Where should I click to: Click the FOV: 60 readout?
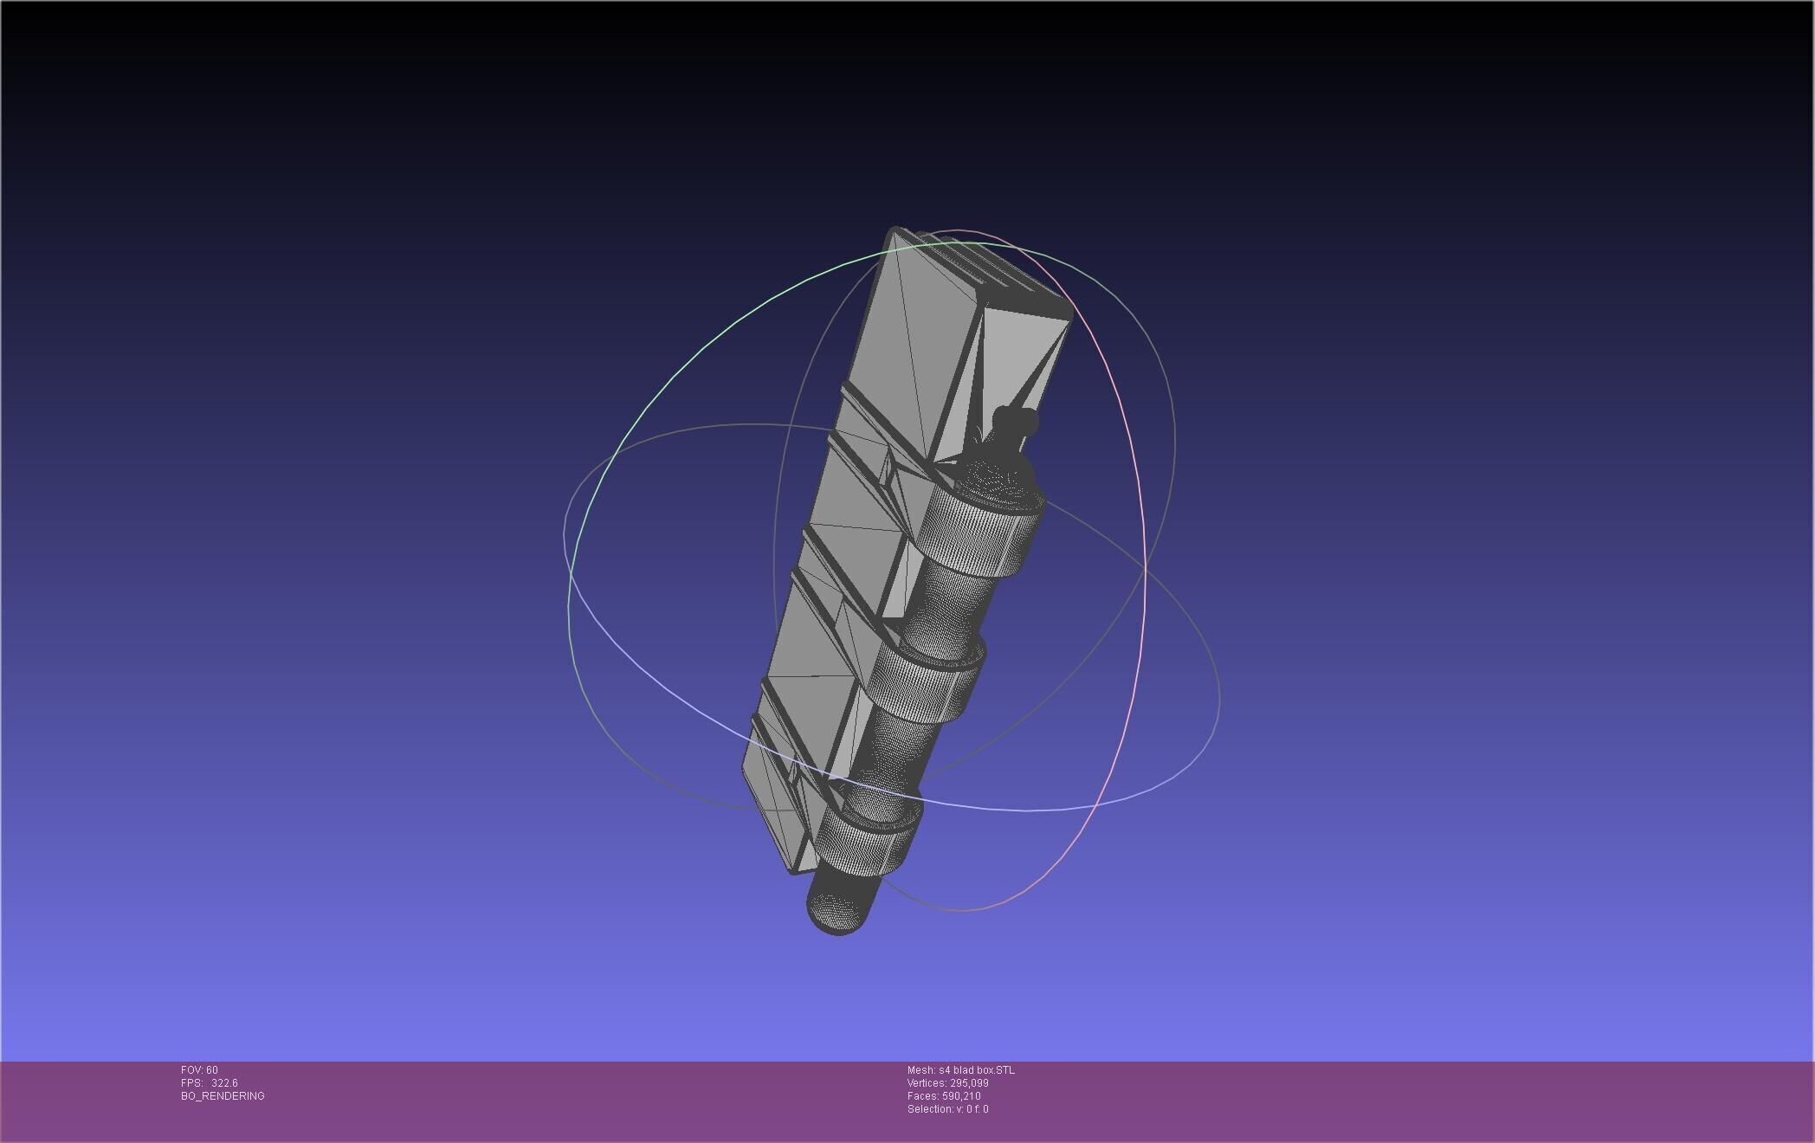[199, 1070]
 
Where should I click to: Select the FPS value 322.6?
[224, 1083]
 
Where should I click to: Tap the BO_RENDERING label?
[223, 1096]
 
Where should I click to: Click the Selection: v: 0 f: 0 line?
[947, 1109]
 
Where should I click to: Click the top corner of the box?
[894, 230]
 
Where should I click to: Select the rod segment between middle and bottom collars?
[892, 753]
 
